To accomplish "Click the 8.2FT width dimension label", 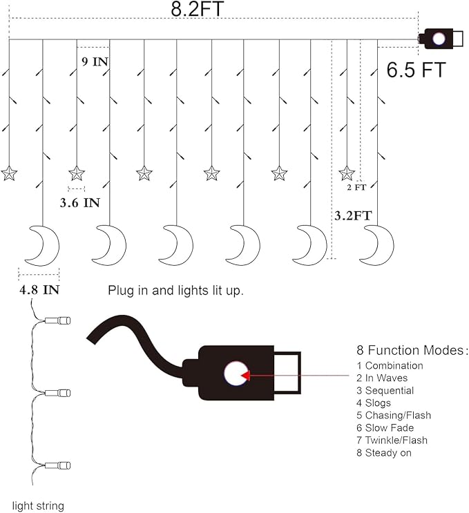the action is point(197,9).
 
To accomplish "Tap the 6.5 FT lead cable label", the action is point(416,70).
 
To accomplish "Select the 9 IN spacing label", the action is point(95,61).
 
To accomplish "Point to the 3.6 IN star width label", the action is point(80,202).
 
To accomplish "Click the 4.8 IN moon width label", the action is point(39,289).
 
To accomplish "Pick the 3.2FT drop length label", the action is point(353,215).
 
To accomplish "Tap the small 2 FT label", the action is point(356,187).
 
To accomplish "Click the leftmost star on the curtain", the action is point(8,173).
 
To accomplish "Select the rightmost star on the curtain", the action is point(347,173).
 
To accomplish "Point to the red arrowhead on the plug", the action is point(245,376).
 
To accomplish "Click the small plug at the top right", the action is point(441,39).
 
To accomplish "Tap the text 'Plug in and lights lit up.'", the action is point(175,291).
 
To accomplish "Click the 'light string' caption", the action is point(38,506).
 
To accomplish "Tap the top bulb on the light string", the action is point(57,320).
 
